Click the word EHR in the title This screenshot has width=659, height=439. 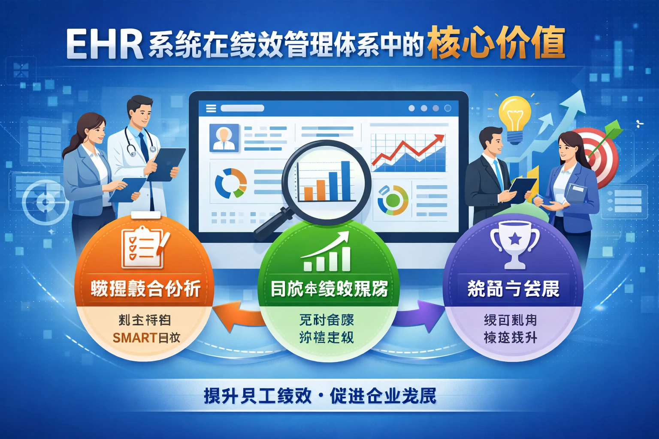click(104, 44)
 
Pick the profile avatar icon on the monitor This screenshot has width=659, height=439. click(224, 137)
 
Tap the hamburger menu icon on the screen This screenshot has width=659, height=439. click(211, 108)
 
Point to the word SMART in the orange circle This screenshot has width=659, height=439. click(134, 338)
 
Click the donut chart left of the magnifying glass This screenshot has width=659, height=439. click(231, 183)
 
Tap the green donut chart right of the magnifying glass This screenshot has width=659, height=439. click(393, 200)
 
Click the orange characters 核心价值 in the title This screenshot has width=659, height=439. click(496, 43)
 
